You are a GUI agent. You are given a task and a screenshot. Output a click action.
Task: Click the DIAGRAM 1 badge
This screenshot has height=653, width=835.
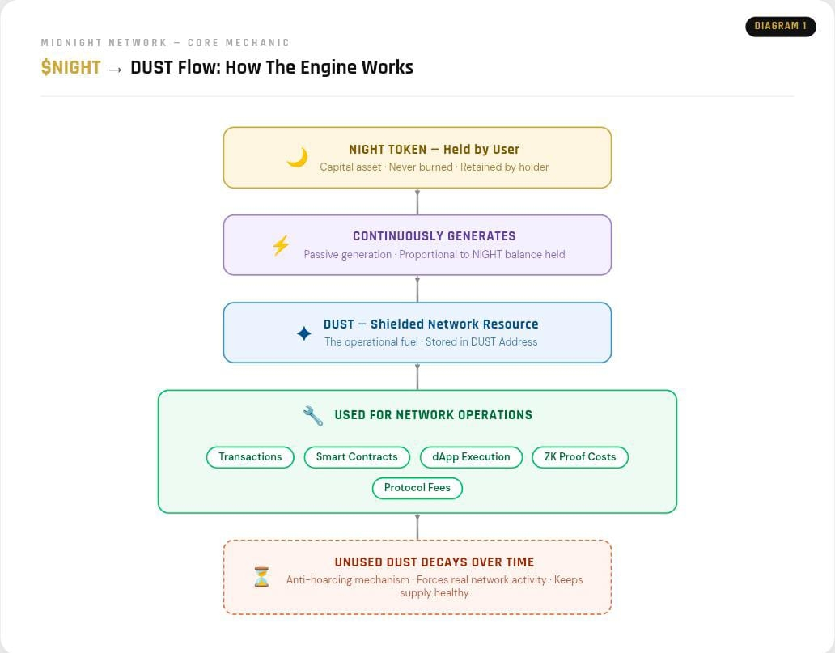[780, 26]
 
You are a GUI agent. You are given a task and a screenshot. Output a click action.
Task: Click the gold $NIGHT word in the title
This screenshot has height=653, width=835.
[70, 67]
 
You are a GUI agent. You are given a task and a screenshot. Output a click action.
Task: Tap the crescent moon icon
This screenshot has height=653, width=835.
[297, 158]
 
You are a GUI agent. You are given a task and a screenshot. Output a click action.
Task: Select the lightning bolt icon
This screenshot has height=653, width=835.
[281, 245]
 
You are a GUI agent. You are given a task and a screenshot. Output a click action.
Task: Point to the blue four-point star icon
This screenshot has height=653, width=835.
[304, 333]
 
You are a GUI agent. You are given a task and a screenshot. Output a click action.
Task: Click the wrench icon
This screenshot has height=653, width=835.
[313, 416]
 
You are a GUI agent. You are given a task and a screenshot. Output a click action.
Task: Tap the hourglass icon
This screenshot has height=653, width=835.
[261, 577]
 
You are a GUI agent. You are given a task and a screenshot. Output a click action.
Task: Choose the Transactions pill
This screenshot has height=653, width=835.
[250, 457]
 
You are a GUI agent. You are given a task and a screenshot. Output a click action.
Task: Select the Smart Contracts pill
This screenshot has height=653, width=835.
[357, 457]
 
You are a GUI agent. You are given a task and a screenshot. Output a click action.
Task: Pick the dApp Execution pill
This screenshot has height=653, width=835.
[471, 457]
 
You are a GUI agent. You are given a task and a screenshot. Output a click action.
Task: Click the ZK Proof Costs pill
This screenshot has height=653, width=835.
[580, 457]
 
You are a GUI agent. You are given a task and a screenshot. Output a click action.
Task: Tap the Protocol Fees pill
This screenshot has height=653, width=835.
[417, 488]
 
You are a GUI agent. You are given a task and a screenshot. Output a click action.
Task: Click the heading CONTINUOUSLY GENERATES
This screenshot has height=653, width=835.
[434, 236]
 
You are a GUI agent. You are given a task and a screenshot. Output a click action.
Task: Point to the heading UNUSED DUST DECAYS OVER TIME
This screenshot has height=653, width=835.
[434, 562]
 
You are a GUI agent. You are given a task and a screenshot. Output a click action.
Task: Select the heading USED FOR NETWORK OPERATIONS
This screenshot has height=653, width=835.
[433, 415]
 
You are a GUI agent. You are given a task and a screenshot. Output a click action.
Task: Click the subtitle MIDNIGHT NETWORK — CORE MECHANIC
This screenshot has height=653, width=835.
[165, 43]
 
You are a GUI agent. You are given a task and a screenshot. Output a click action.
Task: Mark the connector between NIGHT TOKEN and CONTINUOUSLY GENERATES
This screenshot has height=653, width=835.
[417, 201]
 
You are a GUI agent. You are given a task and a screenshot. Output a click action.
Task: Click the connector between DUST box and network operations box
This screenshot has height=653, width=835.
[417, 376]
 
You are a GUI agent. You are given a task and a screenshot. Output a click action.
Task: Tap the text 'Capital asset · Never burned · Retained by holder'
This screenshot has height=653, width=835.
[434, 167]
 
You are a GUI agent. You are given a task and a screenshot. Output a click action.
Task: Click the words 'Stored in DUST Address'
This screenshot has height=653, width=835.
[481, 342]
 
